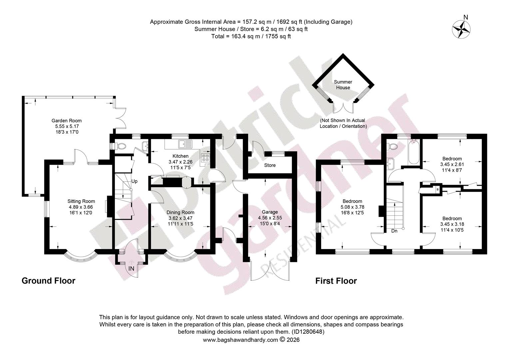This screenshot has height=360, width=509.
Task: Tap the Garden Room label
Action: click(67, 121)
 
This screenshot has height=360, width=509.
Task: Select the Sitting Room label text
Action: click(81, 201)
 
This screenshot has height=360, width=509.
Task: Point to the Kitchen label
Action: click(181, 156)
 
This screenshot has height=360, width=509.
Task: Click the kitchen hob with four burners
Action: click(206, 158)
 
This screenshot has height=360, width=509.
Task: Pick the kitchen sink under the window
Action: click(185, 144)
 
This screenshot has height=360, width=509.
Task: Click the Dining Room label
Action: click(181, 212)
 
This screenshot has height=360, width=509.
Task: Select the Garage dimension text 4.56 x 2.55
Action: click(270, 218)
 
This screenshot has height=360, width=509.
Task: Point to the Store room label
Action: click(270, 165)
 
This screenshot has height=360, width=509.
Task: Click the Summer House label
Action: click(343, 85)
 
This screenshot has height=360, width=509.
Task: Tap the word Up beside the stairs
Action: click(134, 181)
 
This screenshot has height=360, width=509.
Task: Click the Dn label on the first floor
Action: click(394, 231)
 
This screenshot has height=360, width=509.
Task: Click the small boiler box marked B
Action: click(438, 189)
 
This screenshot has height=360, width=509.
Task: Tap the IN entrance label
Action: click(131, 269)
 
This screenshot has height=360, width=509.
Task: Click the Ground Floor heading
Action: click(48, 281)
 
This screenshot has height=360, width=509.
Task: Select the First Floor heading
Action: click(336, 281)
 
